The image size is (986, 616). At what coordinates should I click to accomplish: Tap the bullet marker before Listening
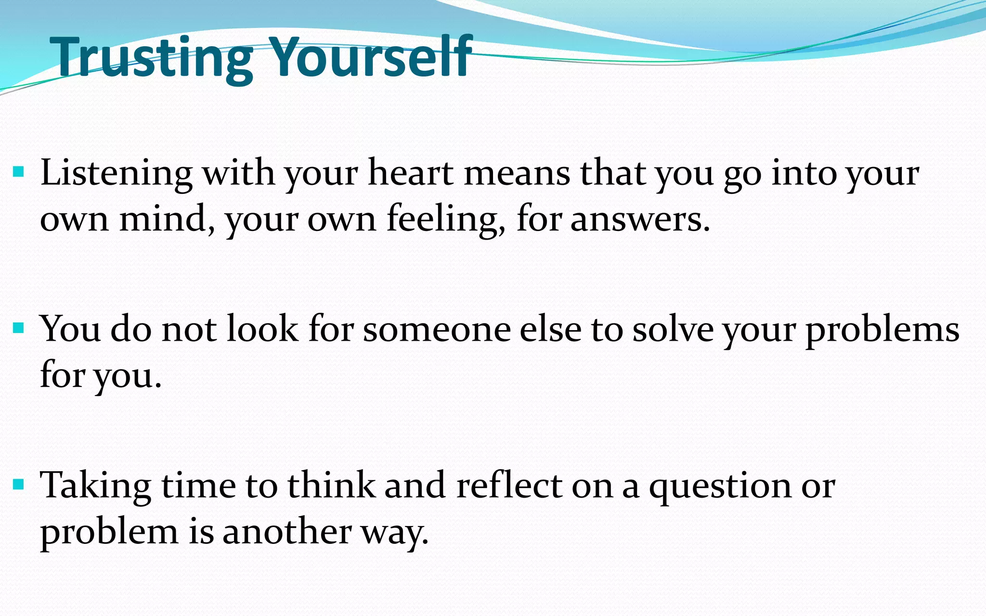19,172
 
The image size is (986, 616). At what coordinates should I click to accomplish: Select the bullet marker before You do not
19,328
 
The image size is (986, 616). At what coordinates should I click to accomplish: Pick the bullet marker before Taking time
19,484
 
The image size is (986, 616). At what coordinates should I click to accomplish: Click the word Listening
116,173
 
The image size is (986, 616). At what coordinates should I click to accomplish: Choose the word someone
437,330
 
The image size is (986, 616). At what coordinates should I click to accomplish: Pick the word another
287,532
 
